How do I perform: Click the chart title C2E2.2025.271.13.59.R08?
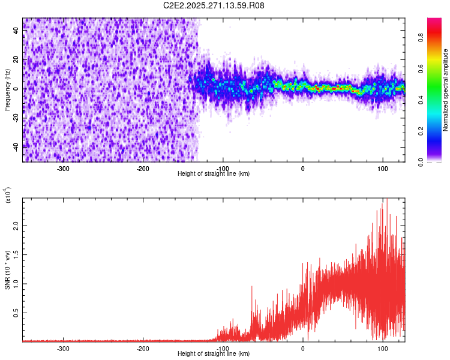(x=214, y=5)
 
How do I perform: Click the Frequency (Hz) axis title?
(x=7, y=89)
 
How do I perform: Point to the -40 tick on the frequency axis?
(x=15, y=146)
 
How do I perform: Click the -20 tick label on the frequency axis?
(x=15, y=118)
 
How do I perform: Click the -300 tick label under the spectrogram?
(x=63, y=169)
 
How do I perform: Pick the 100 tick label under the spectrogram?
(x=383, y=169)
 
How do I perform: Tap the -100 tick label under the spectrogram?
(x=223, y=169)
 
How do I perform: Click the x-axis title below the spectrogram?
(x=214, y=174)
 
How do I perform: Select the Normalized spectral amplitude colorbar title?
(x=446, y=90)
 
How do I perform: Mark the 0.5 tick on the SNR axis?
(x=16, y=313)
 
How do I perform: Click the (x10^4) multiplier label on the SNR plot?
(x=8, y=195)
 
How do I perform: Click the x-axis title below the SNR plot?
(x=214, y=354)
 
